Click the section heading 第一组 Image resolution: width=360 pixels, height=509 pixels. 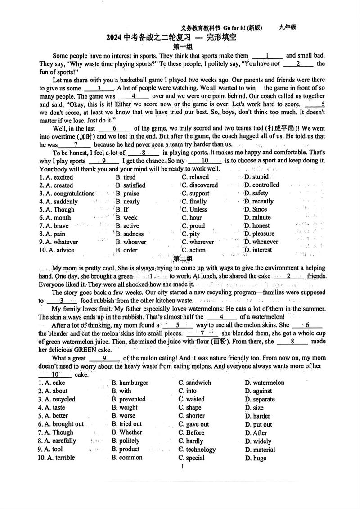pos(183,46)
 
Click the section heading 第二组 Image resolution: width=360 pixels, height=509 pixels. pos(183,259)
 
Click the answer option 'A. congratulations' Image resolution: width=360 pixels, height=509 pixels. pos(67,194)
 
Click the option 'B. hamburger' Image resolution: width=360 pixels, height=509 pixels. pos(130,383)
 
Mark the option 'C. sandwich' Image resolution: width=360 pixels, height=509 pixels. pos(195,383)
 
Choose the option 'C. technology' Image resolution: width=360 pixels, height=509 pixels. pos(197,450)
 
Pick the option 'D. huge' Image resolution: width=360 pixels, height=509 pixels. pos(256,458)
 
